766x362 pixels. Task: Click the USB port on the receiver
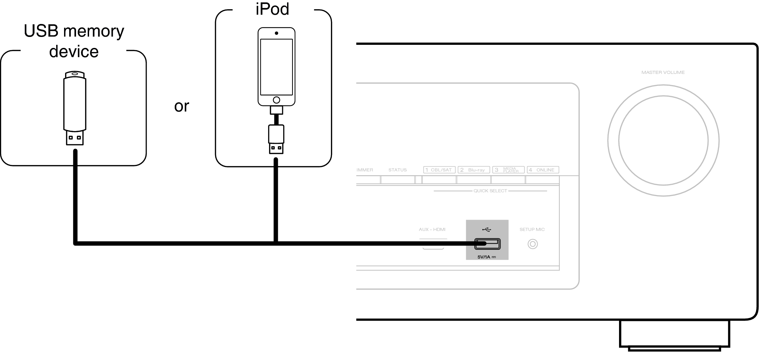pos(487,244)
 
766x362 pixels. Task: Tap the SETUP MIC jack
pos(533,244)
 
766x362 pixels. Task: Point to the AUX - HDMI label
pos(432,230)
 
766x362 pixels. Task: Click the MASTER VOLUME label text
pos(663,73)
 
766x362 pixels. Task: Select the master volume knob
pos(663,140)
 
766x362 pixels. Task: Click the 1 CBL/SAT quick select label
pos(439,170)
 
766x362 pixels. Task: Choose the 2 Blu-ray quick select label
pos(474,170)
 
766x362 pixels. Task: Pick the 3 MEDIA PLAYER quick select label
pos(508,170)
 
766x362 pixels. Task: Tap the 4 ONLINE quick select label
pos(543,170)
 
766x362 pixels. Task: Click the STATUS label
pos(397,170)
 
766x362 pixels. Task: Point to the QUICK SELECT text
pos(490,191)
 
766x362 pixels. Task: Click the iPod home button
pos(276,100)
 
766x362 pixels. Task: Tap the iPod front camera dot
pos(276,33)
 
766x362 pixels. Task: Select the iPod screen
pos(276,67)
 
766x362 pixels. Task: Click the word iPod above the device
pos(272,9)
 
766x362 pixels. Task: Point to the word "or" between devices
pos(181,106)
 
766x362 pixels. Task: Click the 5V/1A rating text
pos(486,257)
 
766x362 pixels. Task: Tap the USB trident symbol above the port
pos(486,229)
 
